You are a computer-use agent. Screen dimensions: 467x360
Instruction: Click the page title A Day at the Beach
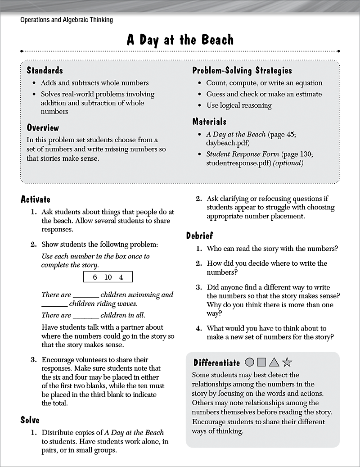[x=180, y=40]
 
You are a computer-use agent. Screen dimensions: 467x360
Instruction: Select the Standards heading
[x=45, y=70]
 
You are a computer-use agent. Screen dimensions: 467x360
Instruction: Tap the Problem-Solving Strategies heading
[x=242, y=70]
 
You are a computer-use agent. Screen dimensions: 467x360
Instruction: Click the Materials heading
[x=209, y=122]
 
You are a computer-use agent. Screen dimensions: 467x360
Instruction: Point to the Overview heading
[x=43, y=127]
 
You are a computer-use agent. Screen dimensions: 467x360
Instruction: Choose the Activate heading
[x=36, y=199]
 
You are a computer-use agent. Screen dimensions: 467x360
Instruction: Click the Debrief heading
[x=199, y=236]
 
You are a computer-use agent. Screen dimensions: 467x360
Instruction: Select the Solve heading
[x=30, y=420]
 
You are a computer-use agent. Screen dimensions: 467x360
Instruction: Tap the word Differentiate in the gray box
[x=216, y=363]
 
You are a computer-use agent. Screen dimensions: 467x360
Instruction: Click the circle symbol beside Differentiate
[x=250, y=362]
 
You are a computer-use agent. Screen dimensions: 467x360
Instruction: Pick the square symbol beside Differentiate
[x=262, y=362]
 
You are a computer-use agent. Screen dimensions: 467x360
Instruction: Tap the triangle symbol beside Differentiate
[x=274, y=362]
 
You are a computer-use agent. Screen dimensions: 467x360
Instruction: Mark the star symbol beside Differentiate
[x=287, y=362]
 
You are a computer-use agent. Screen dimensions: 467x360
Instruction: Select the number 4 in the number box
[x=121, y=277]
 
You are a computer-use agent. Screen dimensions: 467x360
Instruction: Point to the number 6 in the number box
[x=95, y=277]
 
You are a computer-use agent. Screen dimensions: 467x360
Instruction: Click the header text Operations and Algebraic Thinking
[x=67, y=20]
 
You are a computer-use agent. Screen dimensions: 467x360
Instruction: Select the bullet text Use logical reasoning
[x=239, y=105]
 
